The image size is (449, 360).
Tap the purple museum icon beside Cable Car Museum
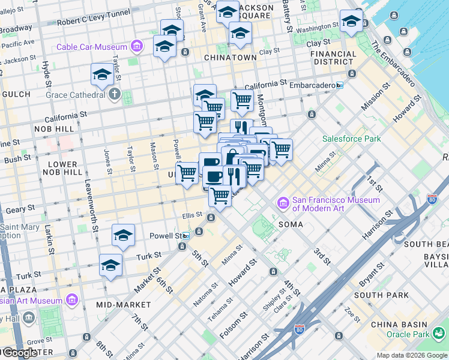pyautogui.click(x=137, y=46)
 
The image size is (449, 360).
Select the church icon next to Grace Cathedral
pyautogui.click(x=115, y=94)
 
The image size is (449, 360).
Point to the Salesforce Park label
pyautogui.click(x=351, y=139)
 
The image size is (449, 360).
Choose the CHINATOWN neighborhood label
pyautogui.click(x=230, y=58)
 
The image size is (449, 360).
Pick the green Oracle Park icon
pyautogui.click(x=439, y=332)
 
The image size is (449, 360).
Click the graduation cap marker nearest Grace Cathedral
pyautogui.click(x=103, y=75)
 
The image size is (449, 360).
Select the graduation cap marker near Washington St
pyautogui.click(x=351, y=22)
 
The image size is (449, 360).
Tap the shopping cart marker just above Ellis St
pyautogui.click(x=220, y=195)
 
